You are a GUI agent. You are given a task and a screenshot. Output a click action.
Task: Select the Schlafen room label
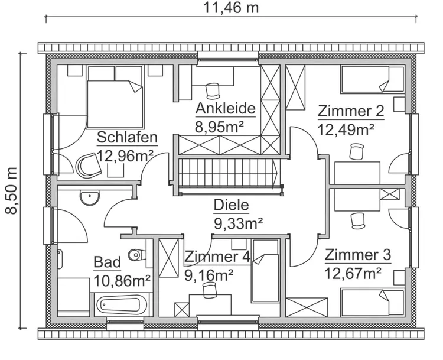tap(127, 138)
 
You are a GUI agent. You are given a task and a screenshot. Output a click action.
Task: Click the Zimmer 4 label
tap(217, 257)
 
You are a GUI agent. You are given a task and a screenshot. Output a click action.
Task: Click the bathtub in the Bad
tap(121, 306)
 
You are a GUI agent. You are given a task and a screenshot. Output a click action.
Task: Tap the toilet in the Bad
tap(136, 255)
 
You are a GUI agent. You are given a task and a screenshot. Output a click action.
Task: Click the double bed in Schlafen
tap(115, 95)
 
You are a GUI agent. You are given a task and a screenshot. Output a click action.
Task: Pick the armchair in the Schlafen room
tap(89, 166)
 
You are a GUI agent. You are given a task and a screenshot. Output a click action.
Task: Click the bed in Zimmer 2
tap(372, 80)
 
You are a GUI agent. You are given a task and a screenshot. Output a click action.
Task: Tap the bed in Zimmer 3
tap(372, 302)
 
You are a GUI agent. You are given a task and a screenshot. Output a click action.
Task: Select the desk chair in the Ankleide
tap(212, 90)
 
